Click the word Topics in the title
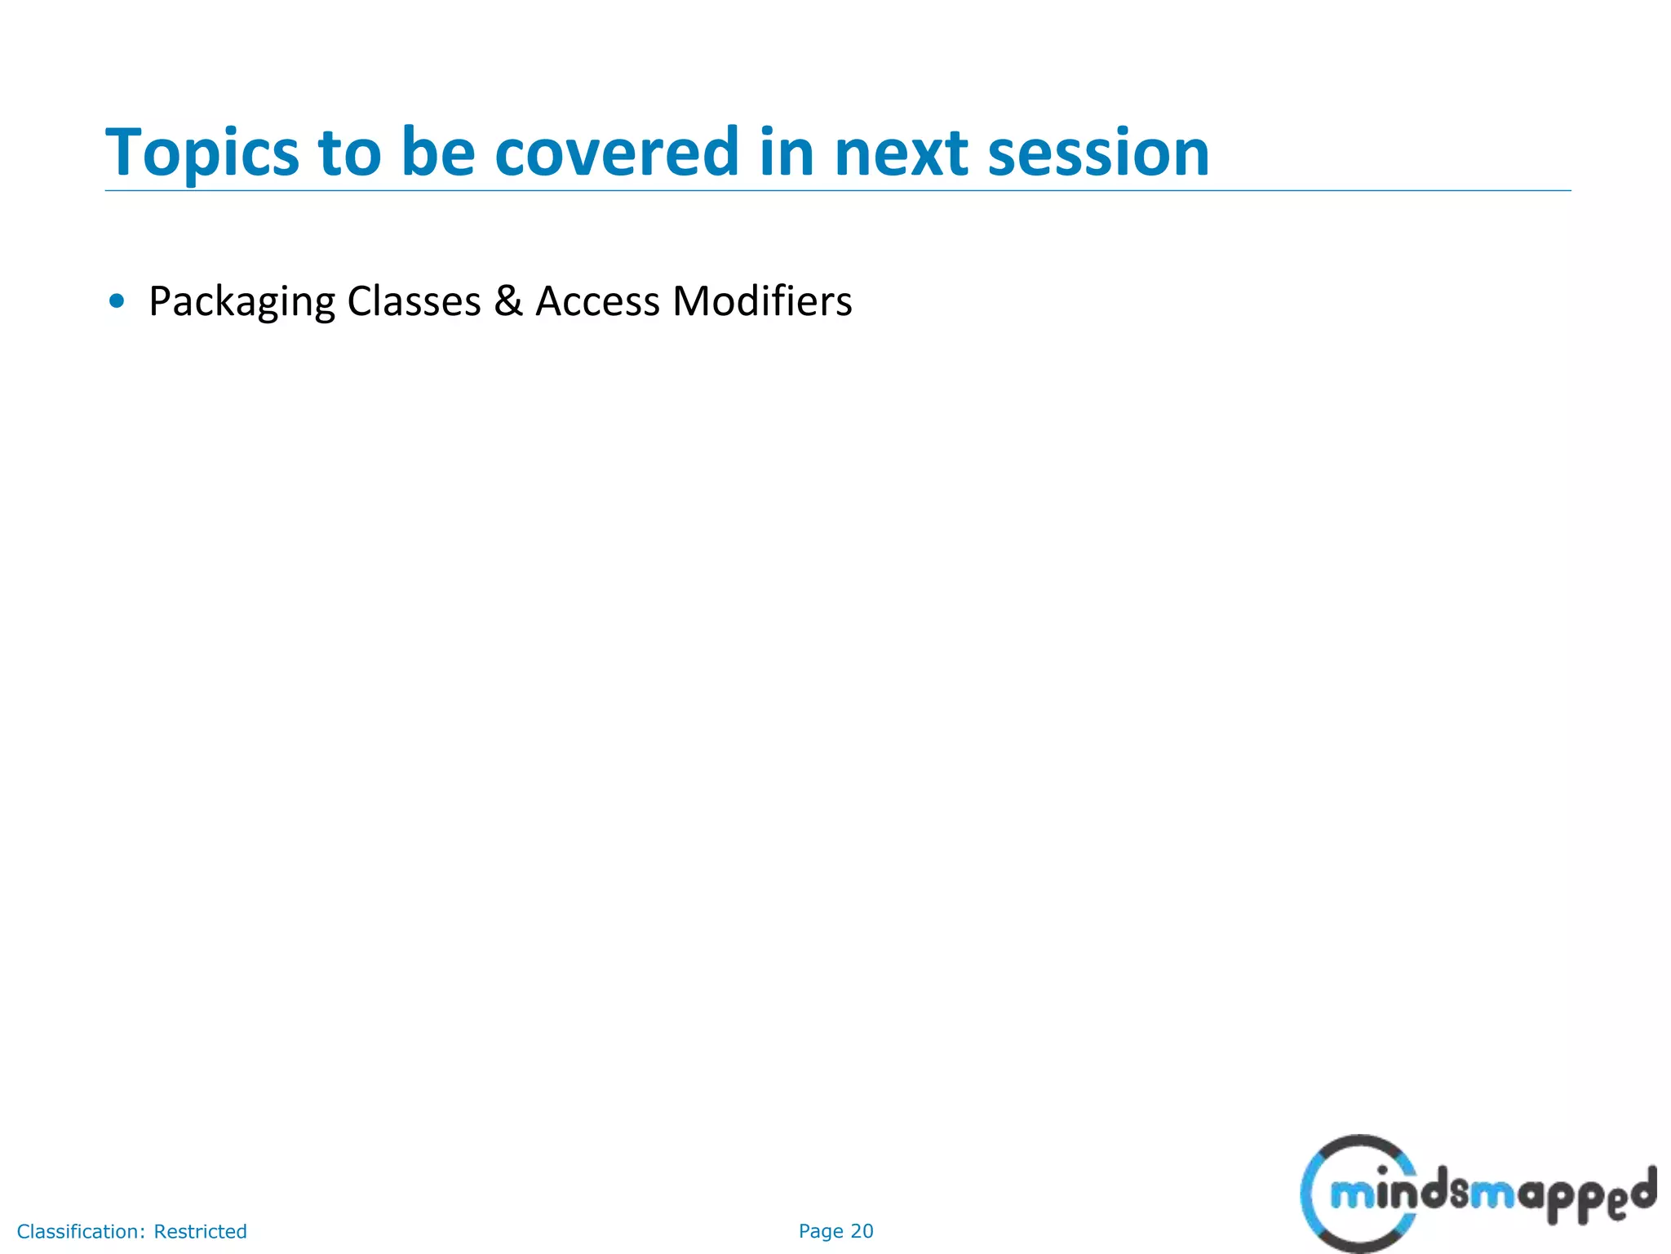202,153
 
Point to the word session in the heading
1098,153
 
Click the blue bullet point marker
117,301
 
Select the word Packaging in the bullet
242,302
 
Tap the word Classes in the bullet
414,301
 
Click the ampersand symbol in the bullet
508,300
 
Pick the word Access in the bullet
597,301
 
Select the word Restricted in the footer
200,1231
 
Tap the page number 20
862,1231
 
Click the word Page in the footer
821,1231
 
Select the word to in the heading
349,153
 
